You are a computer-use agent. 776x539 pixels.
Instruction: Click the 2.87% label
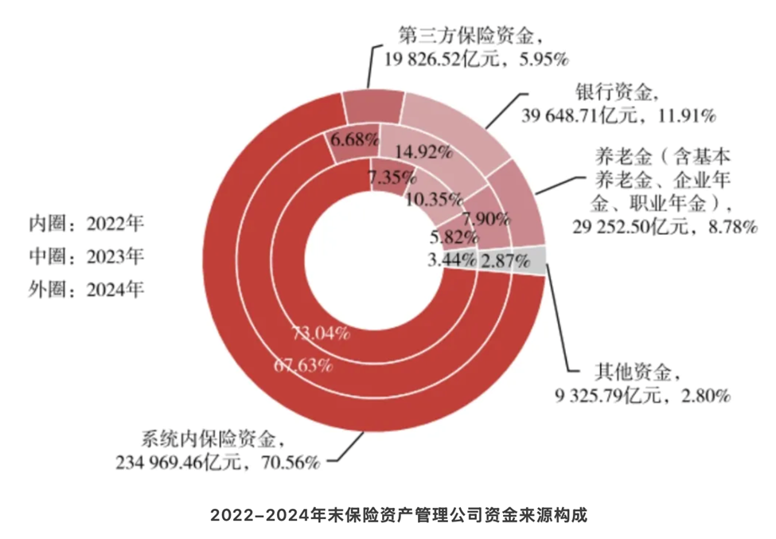[504, 260]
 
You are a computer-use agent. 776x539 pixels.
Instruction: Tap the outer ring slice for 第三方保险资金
[371, 107]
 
